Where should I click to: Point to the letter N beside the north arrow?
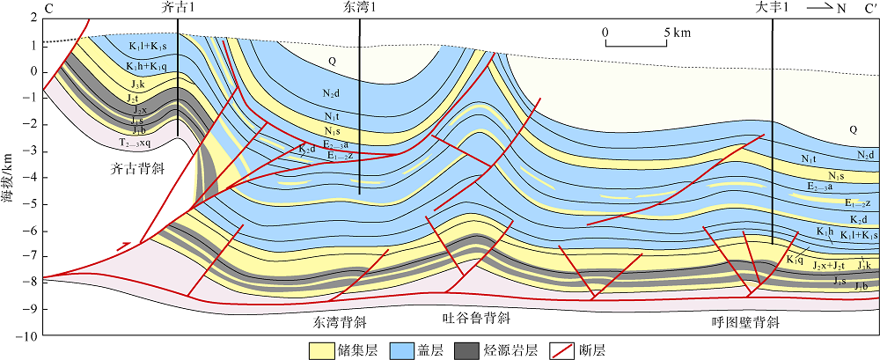click(816, 9)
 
